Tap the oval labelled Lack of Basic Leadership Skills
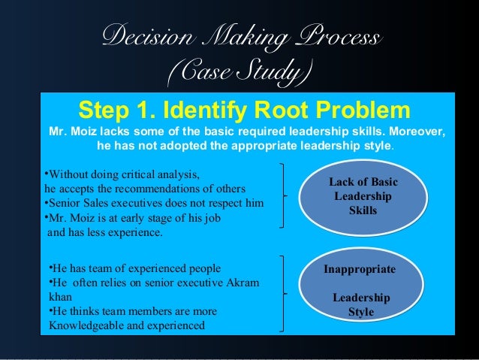pyautogui.click(x=363, y=196)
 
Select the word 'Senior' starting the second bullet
pyautogui.click(x=67, y=203)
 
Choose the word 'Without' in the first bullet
pyautogui.click(x=68, y=174)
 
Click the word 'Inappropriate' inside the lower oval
pyautogui.click(x=360, y=268)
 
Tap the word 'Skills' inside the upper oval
pyautogui.click(x=363, y=210)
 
